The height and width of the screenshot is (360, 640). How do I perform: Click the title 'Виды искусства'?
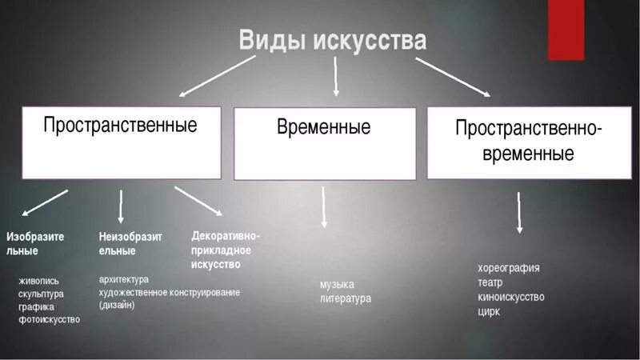(332, 40)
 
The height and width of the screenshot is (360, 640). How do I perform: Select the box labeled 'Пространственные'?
(121, 142)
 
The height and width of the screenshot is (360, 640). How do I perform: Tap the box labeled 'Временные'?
(324, 143)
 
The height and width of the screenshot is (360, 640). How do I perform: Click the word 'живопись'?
(38, 281)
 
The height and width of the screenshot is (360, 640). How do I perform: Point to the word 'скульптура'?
(41, 294)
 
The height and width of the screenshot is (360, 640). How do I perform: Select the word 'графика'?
(36, 306)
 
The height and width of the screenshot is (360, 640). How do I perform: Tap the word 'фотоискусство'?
(49, 319)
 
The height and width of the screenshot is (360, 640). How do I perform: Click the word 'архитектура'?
(124, 279)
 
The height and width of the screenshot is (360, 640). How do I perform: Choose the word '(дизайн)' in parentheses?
(117, 305)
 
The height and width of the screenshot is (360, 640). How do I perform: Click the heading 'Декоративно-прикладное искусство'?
(226, 250)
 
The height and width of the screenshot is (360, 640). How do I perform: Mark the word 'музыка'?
(337, 284)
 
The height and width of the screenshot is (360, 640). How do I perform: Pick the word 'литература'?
(346, 298)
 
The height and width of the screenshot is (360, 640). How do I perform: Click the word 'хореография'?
(509, 268)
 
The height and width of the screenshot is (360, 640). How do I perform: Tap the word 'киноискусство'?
(511, 297)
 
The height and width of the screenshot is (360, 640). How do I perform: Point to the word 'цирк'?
(488, 311)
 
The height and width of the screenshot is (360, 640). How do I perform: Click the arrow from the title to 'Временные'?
(335, 77)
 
